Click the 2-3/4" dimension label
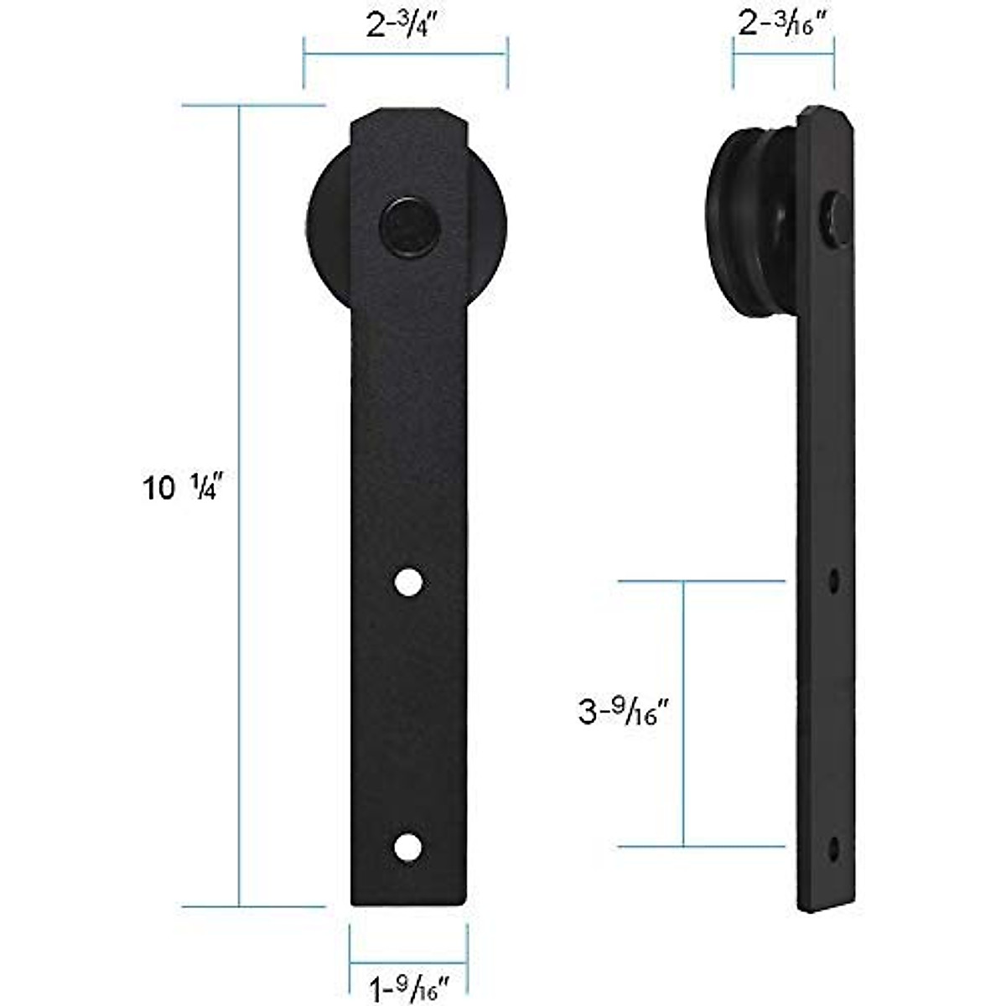(405, 24)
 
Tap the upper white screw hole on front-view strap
(408, 582)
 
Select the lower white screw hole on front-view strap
(408, 847)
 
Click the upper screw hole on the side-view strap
(833, 579)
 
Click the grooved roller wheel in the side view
(750, 226)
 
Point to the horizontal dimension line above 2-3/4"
(405, 55)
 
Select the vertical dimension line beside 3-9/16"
(684, 713)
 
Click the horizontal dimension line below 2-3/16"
(784, 55)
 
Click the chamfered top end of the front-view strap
(408, 117)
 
